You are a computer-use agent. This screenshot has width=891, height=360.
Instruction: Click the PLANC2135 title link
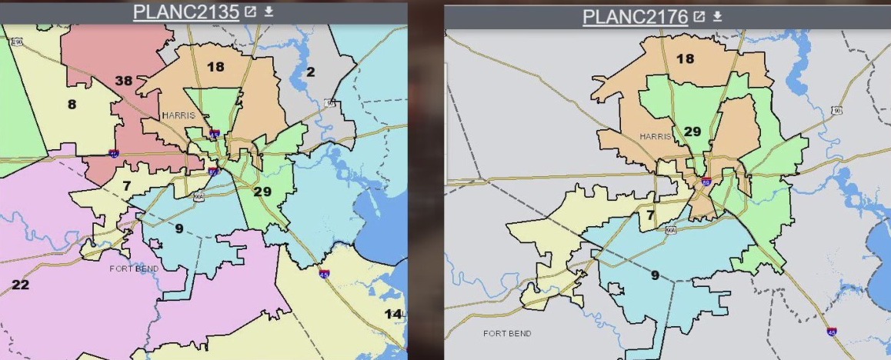tap(185, 12)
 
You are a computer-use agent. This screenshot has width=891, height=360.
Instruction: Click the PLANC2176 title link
tap(635, 17)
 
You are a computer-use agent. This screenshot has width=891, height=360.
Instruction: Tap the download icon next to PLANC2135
tap(269, 12)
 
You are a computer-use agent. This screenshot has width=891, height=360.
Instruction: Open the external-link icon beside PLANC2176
tap(699, 17)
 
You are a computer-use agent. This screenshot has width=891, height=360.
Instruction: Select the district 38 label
tap(124, 80)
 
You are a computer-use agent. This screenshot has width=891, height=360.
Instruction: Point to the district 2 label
tap(311, 72)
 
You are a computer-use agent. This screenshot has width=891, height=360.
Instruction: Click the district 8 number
tap(72, 104)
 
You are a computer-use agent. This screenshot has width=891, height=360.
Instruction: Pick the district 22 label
tap(19, 285)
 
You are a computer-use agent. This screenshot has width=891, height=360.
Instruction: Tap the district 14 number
tap(393, 313)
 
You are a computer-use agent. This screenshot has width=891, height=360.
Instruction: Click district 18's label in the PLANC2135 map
tap(215, 67)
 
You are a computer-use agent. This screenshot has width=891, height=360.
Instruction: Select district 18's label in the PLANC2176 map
tap(684, 58)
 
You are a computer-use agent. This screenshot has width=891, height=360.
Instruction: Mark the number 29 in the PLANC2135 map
tap(262, 191)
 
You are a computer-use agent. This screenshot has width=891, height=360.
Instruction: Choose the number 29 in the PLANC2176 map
tap(692, 132)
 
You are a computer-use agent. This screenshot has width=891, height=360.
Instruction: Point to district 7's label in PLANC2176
tap(650, 215)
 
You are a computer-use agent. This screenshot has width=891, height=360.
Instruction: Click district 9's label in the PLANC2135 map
tap(179, 228)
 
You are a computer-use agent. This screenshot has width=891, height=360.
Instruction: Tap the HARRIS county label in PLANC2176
tap(656, 136)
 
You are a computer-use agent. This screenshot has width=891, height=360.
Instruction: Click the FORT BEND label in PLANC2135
tap(134, 268)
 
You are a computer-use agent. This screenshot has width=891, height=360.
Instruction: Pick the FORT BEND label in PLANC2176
tap(506, 333)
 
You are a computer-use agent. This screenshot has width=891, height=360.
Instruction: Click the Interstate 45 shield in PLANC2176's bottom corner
tap(832, 332)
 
